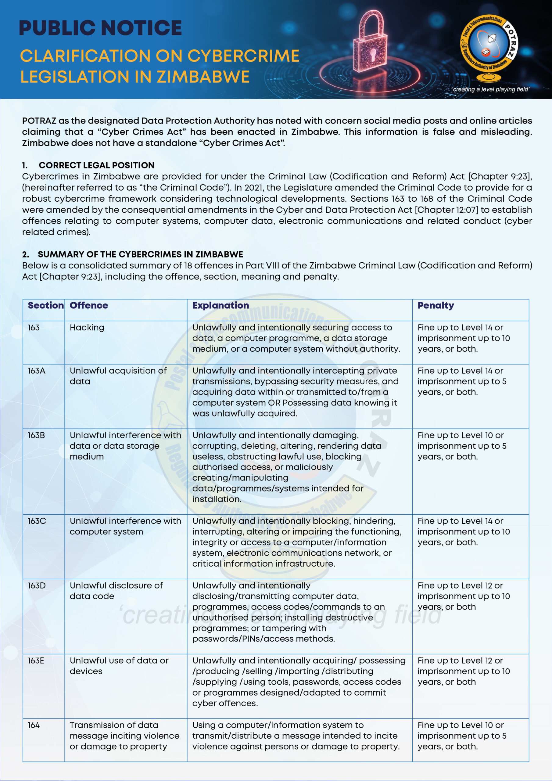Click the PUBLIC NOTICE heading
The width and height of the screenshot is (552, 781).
coord(100,28)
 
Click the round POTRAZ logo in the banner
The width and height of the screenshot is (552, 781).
coord(490,44)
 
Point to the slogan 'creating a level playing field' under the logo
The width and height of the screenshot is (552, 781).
coord(490,89)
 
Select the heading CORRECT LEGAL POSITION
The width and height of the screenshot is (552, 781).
coord(96,165)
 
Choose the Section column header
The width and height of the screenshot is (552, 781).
coord(45,305)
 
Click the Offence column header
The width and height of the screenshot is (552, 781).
coord(89,305)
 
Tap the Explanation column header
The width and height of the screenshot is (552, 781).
coord(220,305)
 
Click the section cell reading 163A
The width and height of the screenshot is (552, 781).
coord(36,371)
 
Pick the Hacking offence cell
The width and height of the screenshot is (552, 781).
coord(87,328)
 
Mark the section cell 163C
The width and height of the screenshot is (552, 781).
coord(36,521)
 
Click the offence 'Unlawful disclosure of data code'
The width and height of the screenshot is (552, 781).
coord(116,591)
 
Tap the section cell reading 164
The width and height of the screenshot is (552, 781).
coord(34,725)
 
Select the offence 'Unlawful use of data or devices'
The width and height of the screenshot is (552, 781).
coord(119,666)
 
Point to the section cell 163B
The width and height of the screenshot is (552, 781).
coord(36,435)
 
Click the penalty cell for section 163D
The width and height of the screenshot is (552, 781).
coord(463,596)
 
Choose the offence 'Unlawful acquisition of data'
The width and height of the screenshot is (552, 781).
coord(118,376)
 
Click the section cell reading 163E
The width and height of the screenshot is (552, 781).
coord(36,660)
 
